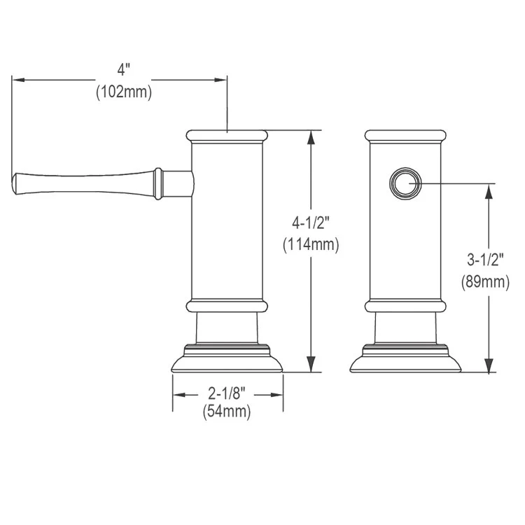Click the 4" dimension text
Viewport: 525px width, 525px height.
point(124,69)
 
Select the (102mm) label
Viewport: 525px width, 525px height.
point(124,92)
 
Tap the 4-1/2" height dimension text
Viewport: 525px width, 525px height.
point(311,223)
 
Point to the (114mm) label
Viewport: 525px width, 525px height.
point(311,245)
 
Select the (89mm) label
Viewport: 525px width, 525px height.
point(485,281)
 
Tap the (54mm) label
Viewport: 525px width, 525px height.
point(227,412)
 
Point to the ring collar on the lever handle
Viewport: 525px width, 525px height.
point(160,183)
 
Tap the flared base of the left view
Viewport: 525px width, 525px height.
point(227,363)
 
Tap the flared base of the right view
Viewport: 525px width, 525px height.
point(405,363)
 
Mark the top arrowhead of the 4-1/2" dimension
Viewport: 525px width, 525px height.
point(311,135)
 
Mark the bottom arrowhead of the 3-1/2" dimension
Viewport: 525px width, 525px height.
point(488,368)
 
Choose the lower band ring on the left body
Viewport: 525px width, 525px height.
point(227,306)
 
